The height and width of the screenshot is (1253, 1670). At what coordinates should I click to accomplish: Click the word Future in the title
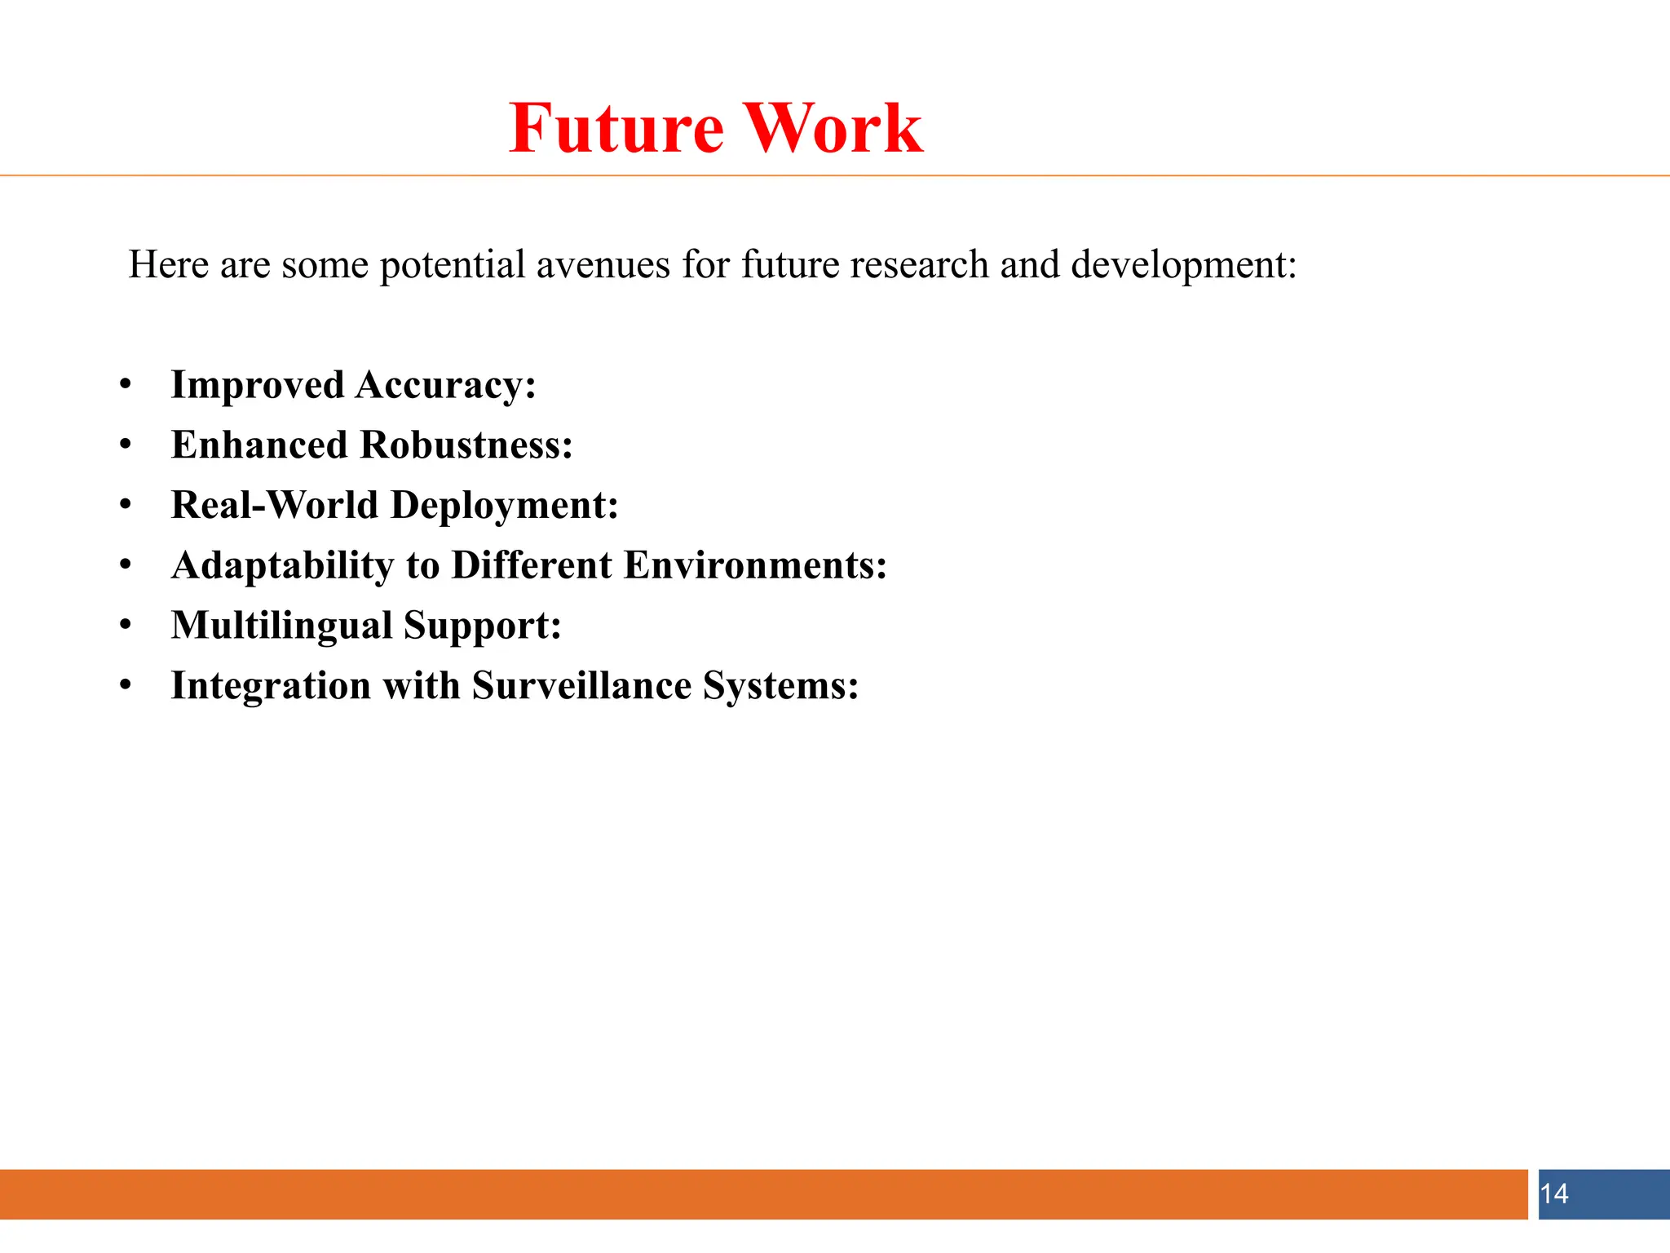point(616,128)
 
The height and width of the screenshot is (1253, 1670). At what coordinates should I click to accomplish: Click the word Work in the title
point(834,128)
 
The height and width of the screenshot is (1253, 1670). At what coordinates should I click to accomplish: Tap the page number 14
point(1554,1194)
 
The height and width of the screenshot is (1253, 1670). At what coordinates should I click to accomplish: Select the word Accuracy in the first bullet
point(445,386)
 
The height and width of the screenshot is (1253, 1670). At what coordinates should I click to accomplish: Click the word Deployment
point(505,505)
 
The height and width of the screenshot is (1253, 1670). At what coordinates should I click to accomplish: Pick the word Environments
point(755,565)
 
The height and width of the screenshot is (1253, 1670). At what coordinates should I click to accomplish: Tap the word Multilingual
point(282,626)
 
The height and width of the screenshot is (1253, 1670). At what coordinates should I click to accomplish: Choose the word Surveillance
point(581,685)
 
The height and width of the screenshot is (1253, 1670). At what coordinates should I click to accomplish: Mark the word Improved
point(257,386)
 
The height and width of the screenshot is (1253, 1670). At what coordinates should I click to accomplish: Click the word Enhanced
point(259,445)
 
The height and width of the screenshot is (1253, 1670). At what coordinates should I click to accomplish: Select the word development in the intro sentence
point(1183,265)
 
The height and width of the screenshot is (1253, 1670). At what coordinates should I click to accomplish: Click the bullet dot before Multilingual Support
point(125,626)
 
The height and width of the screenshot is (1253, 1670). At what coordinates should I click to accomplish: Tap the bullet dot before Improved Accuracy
point(125,385)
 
